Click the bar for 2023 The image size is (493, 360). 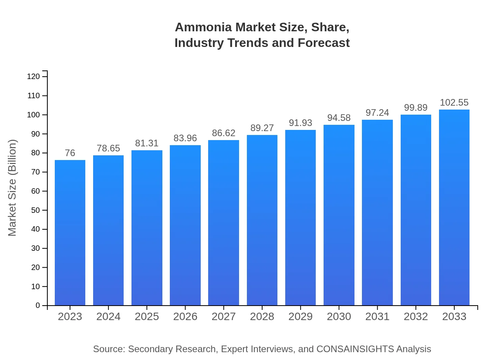coord(70,233)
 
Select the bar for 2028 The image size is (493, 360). coord(262,220)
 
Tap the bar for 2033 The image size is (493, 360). coord(454,207)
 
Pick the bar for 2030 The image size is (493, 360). coord(339,215)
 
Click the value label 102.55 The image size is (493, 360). coord(454,103)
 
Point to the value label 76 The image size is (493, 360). coord(70,153)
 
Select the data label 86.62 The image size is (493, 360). coord(224,133)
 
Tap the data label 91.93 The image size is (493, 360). coord(300,123)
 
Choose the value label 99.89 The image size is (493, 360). coord(416,108)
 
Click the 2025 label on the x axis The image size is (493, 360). coord(147,317)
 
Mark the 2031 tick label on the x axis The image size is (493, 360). coord(378,317)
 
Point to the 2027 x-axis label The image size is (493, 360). coord(224,317)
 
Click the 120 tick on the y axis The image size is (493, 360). coord(34,77)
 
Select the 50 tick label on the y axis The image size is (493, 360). coord(35,210)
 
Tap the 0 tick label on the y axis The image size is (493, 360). coord(38,306)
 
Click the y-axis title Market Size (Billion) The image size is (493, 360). coord(13,188)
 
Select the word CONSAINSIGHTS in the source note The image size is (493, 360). coord(355,349)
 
